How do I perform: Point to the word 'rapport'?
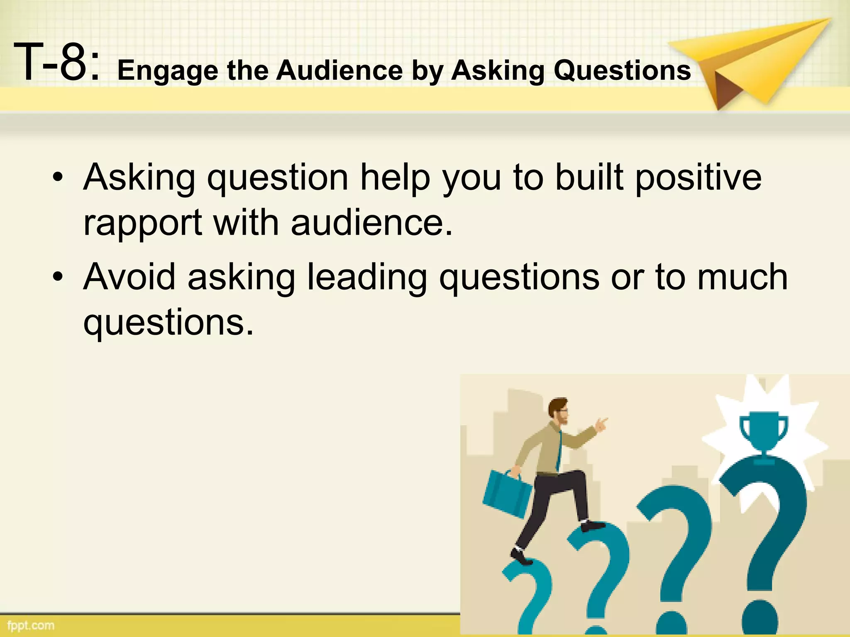pos(143,224)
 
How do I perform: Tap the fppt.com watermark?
pos(31,625)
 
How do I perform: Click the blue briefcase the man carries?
pos(507,494)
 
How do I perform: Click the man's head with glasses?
pos(558,411)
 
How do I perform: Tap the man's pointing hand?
pos(601,424)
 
